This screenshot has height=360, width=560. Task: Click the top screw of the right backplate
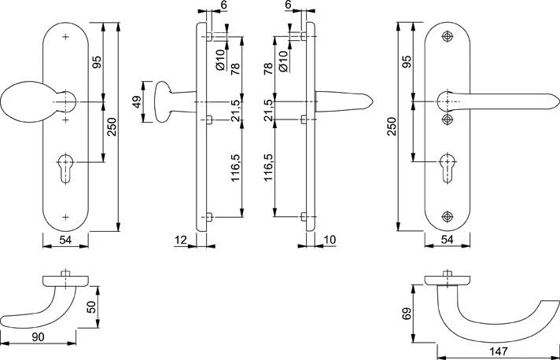(x=448, y=37)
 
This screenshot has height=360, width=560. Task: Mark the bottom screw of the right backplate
(x=448, y=216)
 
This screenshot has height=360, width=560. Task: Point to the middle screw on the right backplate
(x=448, y=119)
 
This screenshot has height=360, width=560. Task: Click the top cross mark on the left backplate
(x=65, y=37)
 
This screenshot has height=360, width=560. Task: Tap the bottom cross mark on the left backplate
(x=65, y=216)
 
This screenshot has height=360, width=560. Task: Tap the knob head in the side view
(x=163, y=101)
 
